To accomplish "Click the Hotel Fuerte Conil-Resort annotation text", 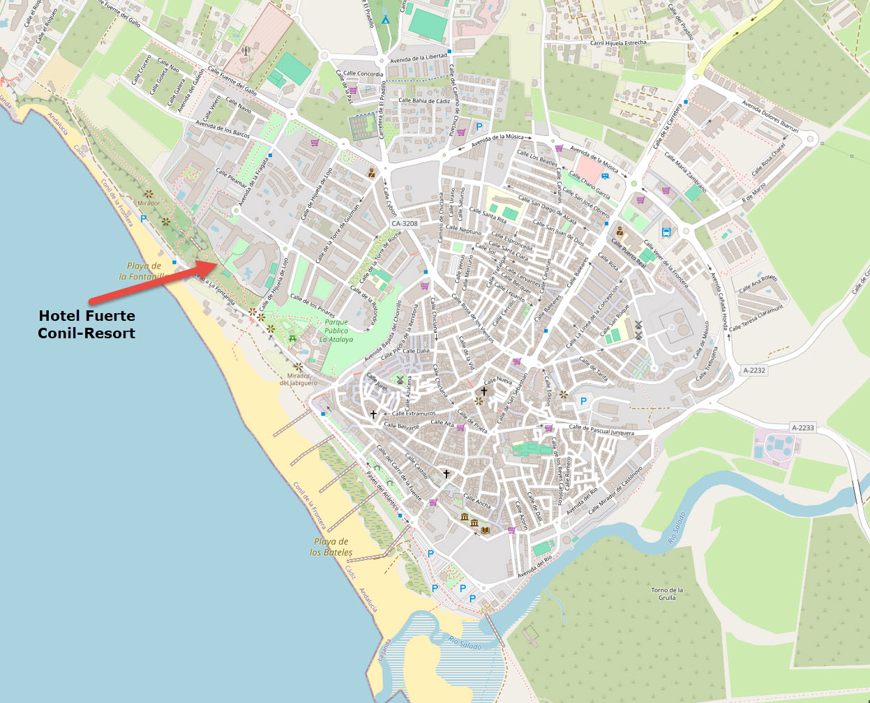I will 87,324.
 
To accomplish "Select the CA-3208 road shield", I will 404,224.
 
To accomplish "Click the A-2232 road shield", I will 754,370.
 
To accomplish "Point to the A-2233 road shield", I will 804,428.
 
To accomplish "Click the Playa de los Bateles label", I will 331,547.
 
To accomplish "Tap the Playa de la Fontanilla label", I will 143,271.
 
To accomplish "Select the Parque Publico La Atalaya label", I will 336,331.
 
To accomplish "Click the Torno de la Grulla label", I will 667,594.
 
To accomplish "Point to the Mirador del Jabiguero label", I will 299,379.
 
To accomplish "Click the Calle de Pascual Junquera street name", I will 601,430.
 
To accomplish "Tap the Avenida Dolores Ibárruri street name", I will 770,115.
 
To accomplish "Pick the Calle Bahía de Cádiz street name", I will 424,100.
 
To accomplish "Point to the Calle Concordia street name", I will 363,74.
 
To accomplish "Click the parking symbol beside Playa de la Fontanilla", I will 144,218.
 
